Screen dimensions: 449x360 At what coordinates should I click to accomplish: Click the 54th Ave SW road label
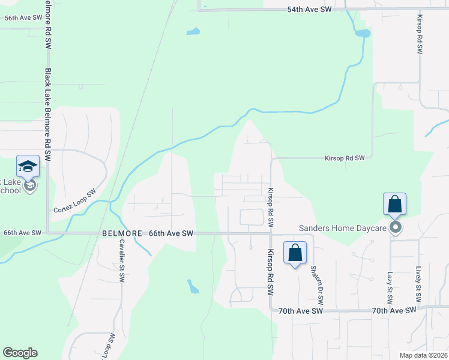tap(309, 10)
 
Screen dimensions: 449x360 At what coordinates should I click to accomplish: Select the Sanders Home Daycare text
tap(343, 228)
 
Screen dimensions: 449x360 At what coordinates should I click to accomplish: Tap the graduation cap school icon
tap(28, 166)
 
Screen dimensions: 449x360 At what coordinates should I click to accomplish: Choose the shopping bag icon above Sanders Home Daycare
tap(395, 204)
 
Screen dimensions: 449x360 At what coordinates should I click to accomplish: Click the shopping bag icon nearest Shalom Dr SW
tap(295, 253)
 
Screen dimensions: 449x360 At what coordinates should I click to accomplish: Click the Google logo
tap(20, 353)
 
